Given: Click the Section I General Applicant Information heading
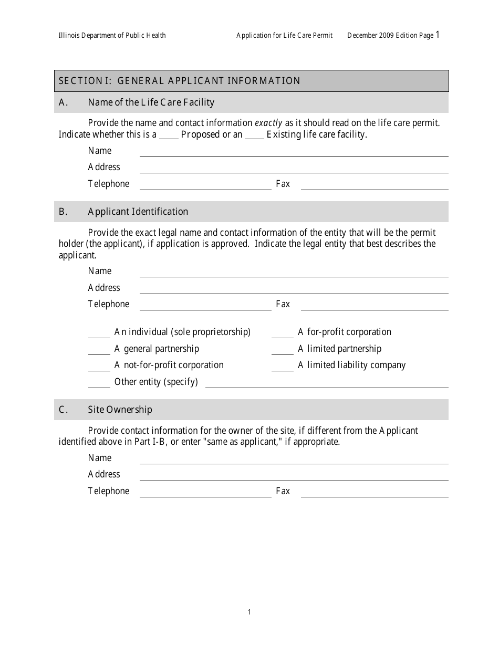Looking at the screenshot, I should (x=179, y=81).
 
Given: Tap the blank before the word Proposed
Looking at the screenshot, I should (x=169, y=136).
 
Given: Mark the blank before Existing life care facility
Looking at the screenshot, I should (x=254, y=136).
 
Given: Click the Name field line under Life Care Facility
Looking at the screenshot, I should (x=294, y=153).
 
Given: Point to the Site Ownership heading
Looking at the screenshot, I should (x=120, y=410).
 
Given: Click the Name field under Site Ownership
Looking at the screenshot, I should (x=294, y=460).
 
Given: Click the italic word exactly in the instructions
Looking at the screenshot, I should (x=268, y=123).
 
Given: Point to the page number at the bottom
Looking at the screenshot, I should (x=250, y=612).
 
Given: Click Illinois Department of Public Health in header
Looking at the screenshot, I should (x=112, y=36).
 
